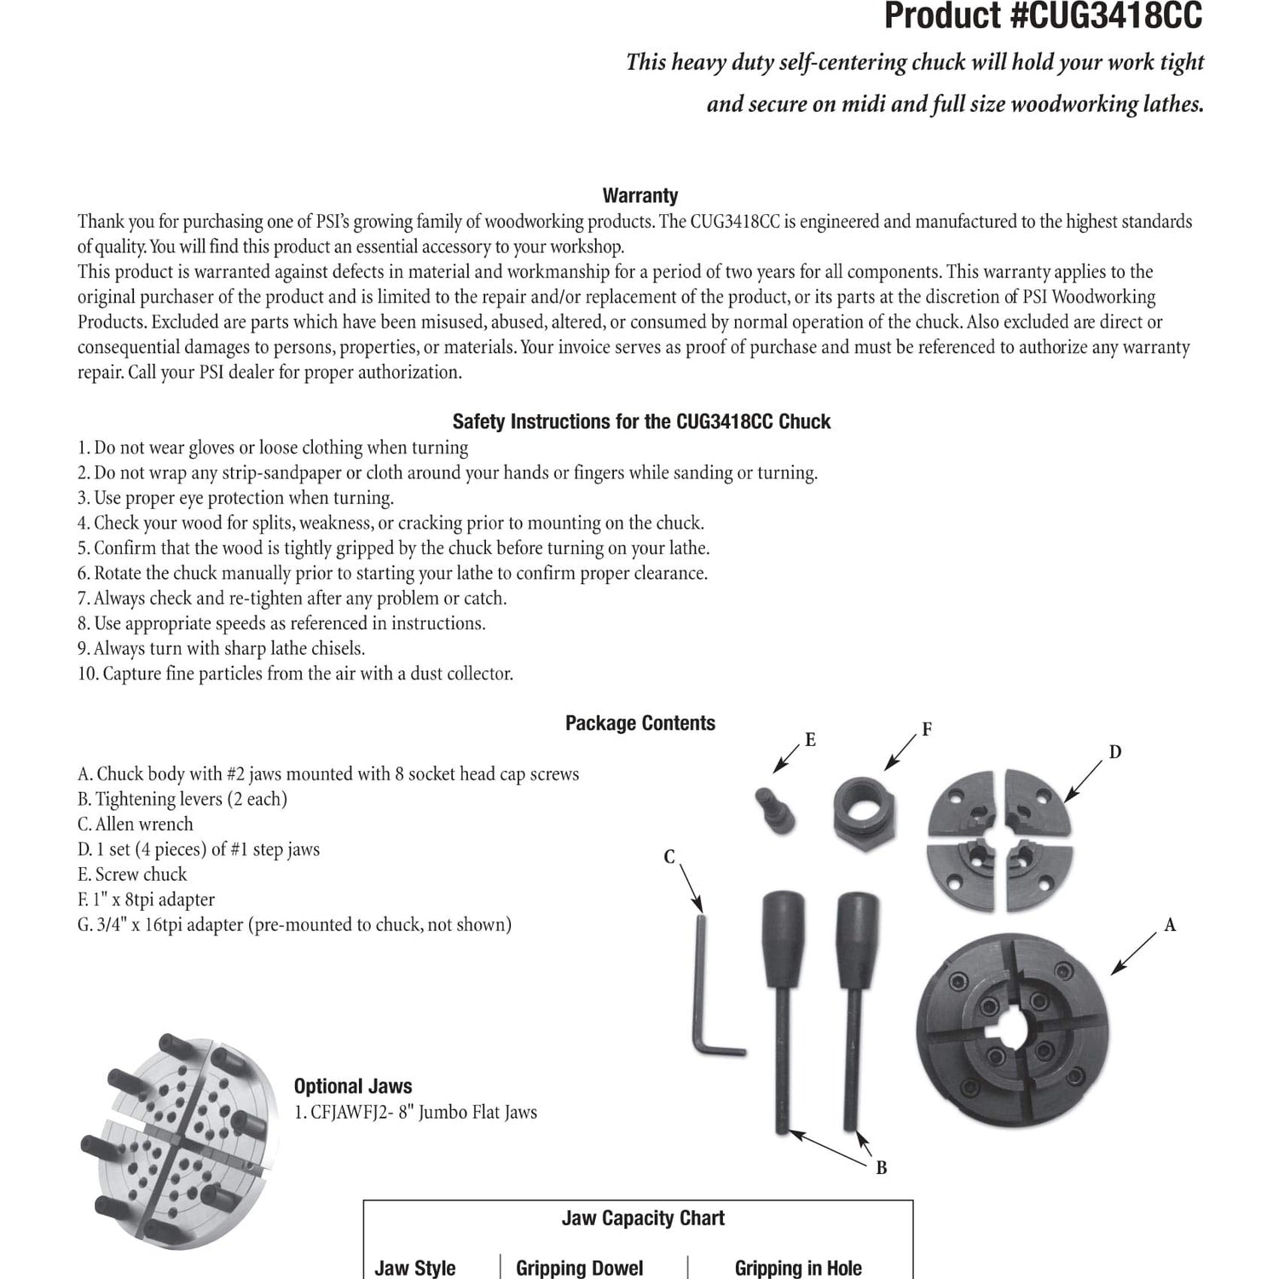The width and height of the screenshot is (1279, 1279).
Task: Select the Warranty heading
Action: coord(640,195)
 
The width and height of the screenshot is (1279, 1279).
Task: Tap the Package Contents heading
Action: coord(640,723)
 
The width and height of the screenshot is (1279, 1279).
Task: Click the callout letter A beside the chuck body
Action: coord(1170,924)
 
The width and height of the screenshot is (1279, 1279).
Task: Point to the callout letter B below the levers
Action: coord(882,1167)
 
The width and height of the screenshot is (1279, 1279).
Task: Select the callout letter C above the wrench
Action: coord(669,857)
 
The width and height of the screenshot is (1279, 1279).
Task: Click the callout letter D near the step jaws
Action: coord(1114,752)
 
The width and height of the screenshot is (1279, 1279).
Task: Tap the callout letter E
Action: coord(810,740)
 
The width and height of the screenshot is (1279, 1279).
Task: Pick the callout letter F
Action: coord(927,729)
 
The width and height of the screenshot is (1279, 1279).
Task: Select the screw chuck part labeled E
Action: coord(775,810)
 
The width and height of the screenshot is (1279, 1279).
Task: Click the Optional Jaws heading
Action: coord(353,1086)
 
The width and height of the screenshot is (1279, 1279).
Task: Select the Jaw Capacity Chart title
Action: coord(643,1218)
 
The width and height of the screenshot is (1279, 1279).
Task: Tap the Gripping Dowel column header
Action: coord(580,1268)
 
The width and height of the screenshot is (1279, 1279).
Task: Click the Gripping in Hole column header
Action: coord(798,1268)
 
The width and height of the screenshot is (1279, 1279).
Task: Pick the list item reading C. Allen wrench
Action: coord(136,825)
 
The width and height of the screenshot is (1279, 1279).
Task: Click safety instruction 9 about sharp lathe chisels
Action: coord(221,649)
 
